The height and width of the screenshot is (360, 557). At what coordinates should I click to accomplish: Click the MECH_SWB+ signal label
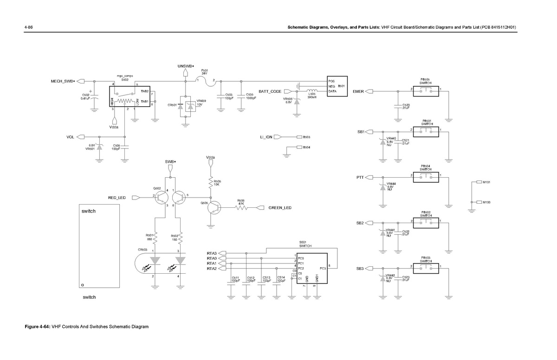(63, 81)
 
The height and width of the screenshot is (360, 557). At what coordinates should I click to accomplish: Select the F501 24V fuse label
(204, 71)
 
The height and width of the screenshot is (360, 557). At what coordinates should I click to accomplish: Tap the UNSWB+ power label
(186, 66)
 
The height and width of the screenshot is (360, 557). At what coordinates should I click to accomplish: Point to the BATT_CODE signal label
(270, 91)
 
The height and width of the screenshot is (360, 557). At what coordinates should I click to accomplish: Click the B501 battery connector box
(337, 86)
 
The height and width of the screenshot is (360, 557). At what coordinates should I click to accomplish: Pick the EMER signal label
(358, 91)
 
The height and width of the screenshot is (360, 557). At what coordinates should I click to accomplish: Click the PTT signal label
(360, 177)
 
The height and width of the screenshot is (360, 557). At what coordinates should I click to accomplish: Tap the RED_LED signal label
(117, 198)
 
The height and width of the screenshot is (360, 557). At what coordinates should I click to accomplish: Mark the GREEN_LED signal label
(280, 208)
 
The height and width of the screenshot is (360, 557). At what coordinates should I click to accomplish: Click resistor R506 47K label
(241, 202)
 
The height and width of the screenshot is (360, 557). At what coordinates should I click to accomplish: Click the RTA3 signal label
(212, 253)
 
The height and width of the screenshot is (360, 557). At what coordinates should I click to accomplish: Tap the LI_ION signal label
(266, 137)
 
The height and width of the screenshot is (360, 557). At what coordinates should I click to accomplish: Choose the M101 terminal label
(486, 182)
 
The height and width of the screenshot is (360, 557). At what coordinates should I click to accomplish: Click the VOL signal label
(71, 137)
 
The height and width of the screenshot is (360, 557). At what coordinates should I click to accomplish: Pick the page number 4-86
(28, 27)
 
